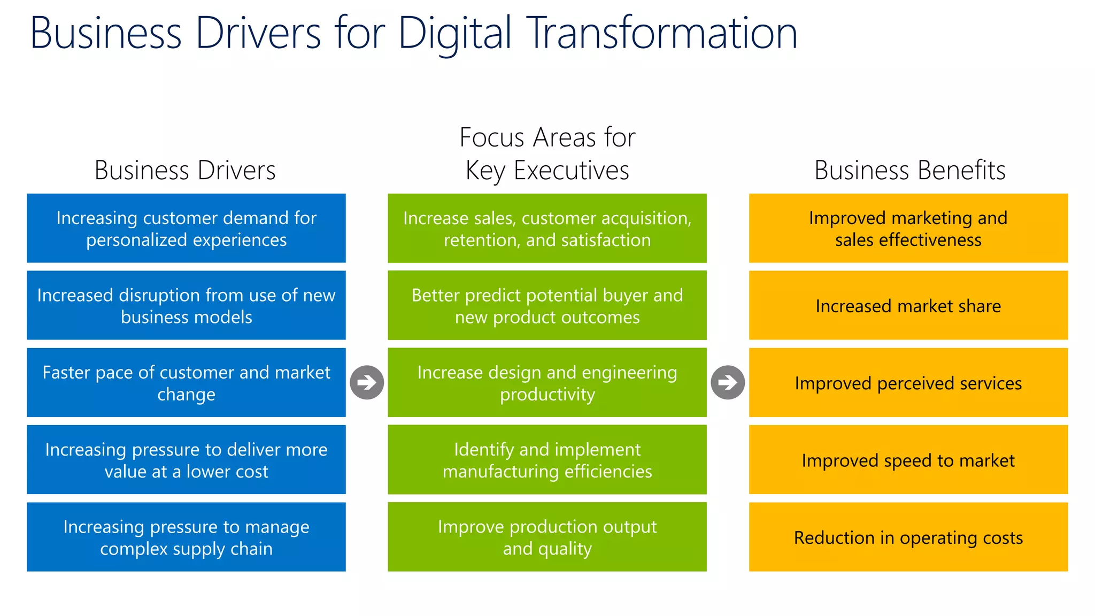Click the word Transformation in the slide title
(662, 33)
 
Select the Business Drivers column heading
(185, 171)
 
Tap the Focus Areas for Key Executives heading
(547, 154)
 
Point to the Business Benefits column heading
(909, 171)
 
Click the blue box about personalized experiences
(186, 228)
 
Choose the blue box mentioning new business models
(186, 305)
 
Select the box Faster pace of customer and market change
(186, 382)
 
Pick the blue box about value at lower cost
(186, 460)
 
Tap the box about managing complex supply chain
(186, 537)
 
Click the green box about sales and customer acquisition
(547, 228)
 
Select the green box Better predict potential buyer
(547, 305)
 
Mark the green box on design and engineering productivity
(547, 382)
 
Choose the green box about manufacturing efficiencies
(547, 460)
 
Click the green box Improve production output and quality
(547, 537)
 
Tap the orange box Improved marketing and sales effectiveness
(908, 228)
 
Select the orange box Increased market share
(908, 305)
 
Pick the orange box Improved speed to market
(908, 460)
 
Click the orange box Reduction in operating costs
(908, 537)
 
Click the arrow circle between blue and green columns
(367, 382)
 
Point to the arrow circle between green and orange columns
(728, 382)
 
